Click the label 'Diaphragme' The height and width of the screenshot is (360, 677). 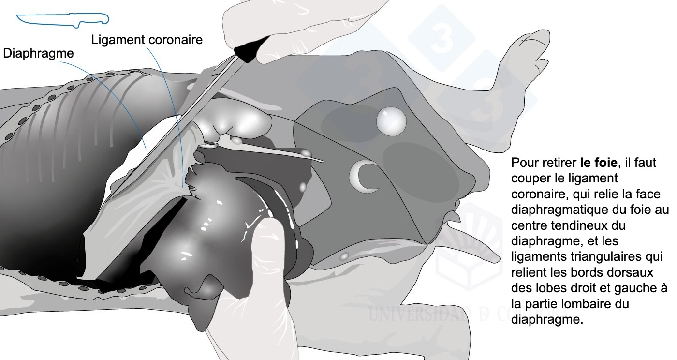(x=38, y=54)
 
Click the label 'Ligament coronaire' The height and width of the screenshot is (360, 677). (x=147, y=40)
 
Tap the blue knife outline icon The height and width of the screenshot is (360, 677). (x=62, y=19)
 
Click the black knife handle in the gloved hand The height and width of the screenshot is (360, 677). (x=251, y=49)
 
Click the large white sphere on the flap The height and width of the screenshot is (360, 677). (x=391, y=121)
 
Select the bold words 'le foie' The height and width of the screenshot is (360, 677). (x=599, y=163)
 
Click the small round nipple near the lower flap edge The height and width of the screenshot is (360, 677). (x=344, y=256)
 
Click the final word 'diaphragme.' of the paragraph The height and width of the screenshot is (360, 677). (x=547, y=319)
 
